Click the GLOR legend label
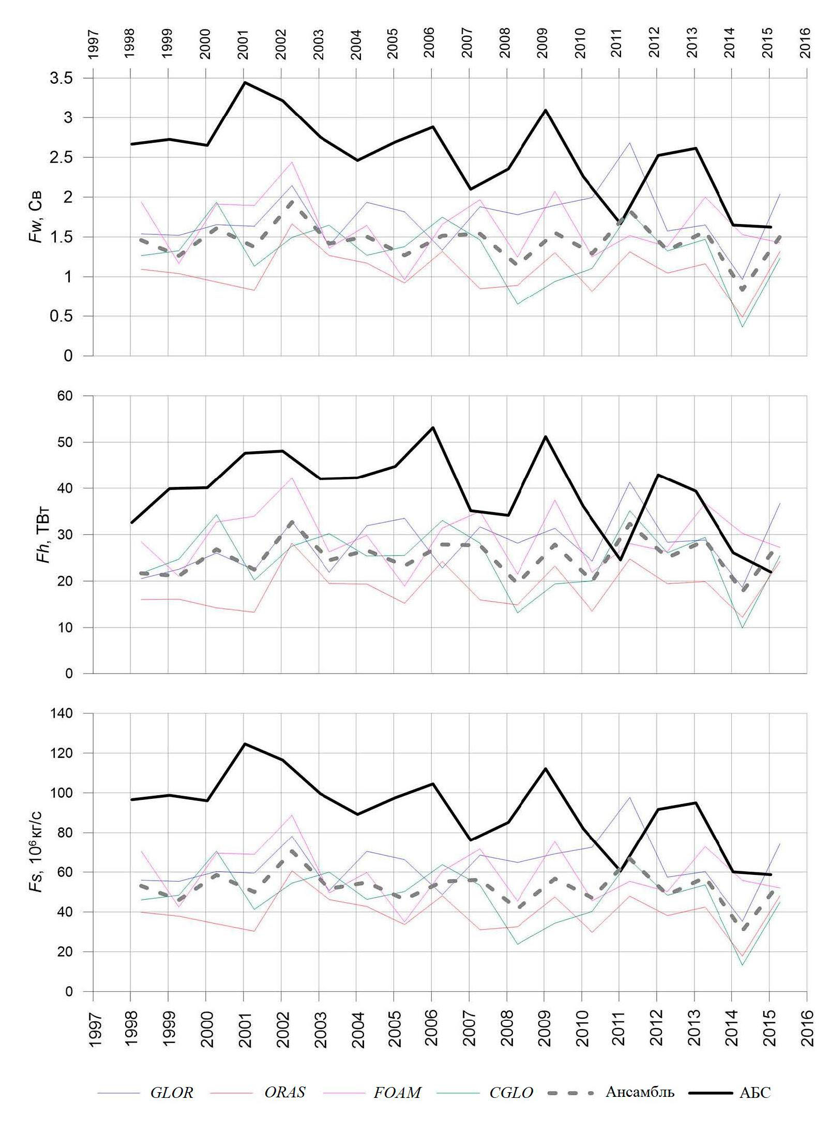click(172, 1092)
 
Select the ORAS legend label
click(284, 1092)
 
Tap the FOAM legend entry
click(397, 1092)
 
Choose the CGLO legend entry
click(510, 1092)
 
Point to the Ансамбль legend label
click(640, 1092)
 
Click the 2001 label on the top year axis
click(244, 44)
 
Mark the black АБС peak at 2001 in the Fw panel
click(244, 82)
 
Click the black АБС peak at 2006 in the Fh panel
click(432, 427)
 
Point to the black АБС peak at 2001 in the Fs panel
click(244, 744)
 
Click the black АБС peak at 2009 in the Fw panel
click(545, 110)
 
